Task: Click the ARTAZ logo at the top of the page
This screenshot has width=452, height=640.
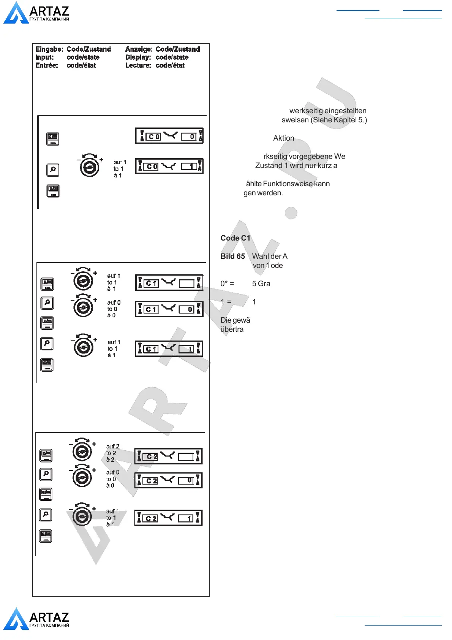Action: pos(36,13)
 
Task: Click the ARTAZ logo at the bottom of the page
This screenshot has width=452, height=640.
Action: pos(36,619)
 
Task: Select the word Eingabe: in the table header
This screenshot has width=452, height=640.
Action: pos(49,49)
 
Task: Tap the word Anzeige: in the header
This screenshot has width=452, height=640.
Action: pos(139,49)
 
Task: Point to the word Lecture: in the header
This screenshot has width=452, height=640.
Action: pos(138,65)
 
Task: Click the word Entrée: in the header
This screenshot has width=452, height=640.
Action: pos(47,65)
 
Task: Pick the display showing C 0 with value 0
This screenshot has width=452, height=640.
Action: pos(169,136)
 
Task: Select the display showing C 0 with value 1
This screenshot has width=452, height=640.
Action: pos(169,166)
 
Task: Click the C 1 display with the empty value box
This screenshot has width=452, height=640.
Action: pos(169,283)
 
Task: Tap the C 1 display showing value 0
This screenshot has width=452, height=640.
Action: pos(169,309)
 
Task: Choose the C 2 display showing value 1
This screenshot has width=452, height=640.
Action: pos(169,518)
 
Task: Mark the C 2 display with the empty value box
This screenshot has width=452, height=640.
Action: pos(169,456)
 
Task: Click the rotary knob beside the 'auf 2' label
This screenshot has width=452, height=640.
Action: pos(82,451)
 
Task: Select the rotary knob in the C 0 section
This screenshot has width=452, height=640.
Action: pos(90,166)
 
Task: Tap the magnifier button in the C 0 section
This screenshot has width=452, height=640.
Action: pos(53,170)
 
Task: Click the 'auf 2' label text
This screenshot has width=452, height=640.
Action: pos(113,446)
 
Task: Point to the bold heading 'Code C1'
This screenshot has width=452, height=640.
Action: pos(235,238)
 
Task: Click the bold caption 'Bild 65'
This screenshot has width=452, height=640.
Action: pos(233,257)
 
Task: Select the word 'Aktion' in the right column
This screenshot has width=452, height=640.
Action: pos(284,138)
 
